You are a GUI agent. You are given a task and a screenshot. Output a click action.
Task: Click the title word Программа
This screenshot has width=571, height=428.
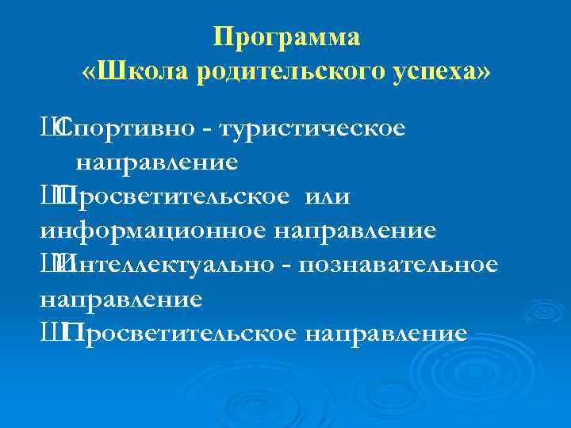click(x=286, y=37)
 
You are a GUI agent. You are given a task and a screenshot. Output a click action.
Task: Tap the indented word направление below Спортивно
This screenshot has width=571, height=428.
click(x=156, y=163)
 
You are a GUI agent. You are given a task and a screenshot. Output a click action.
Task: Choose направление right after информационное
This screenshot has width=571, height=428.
click(x=356, y=231)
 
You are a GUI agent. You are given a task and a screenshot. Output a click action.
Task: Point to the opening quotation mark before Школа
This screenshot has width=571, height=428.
click(x=89, y=72)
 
